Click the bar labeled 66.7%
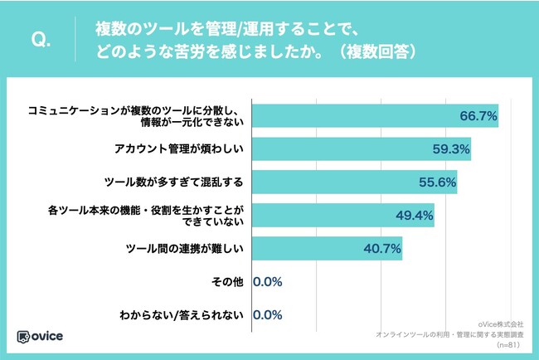tap(374, 115)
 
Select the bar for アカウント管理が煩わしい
tap(361, 149)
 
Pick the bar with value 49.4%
tap(342, 215)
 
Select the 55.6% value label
tap(439, 182)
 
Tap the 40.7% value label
tap(384, 249)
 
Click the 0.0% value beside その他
tap(268, 282)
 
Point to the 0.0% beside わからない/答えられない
tap(268, 315)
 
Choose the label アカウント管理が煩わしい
tap(177, 149)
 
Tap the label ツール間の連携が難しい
tap(183, 248)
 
